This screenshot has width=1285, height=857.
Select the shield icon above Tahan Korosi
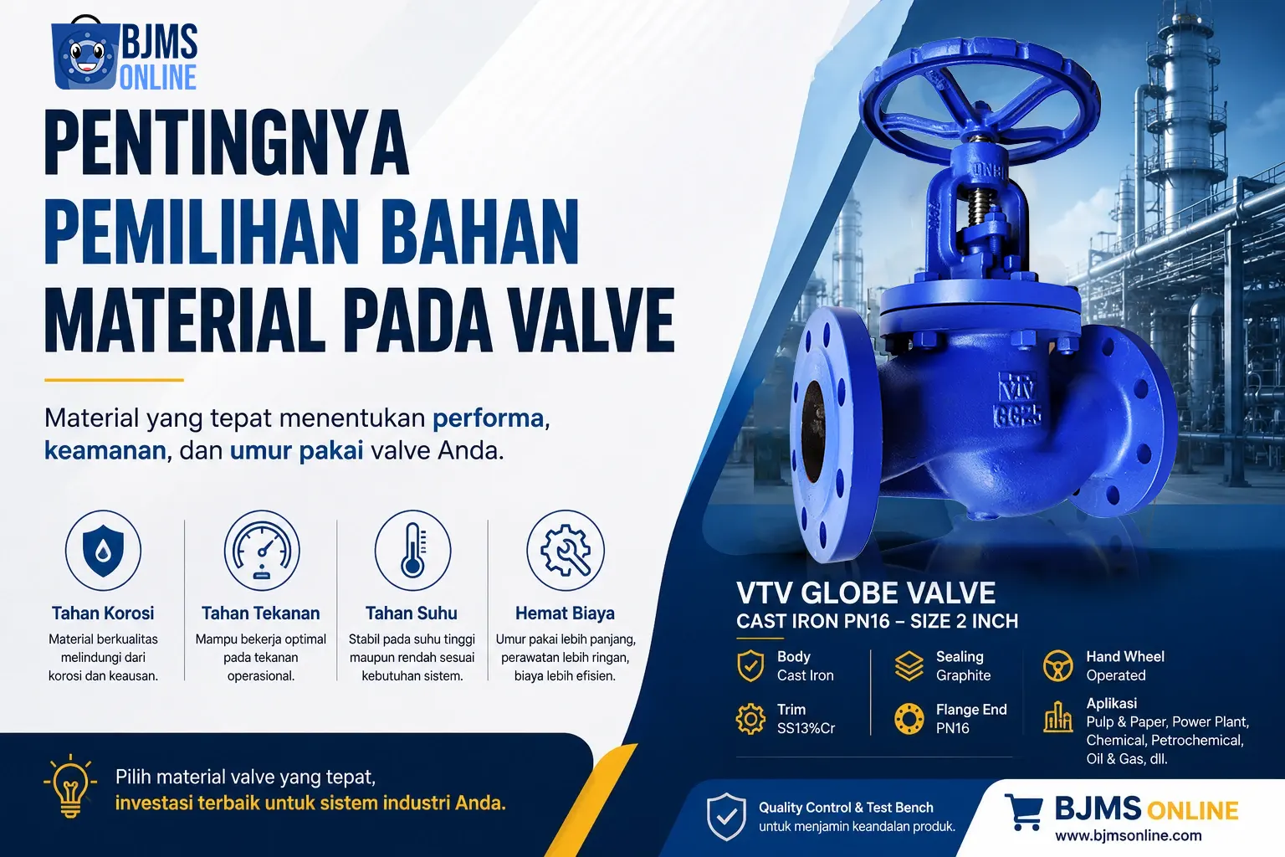tap(103, 551)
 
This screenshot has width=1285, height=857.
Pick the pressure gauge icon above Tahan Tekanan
tap(262, 551)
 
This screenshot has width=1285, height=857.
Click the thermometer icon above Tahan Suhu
tap(412, 551)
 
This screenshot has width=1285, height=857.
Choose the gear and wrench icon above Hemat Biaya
tap(566, 551)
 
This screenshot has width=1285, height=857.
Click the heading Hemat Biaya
tap(565, 613)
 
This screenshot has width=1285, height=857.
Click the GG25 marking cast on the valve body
tap(1018, 416)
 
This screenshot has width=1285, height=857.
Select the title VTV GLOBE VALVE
tap(866, 593)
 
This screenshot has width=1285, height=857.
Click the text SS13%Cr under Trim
tap(806, 728)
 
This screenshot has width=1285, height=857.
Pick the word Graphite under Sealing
tap(963, 675)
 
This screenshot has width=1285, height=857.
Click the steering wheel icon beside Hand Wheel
tap(1057, 666)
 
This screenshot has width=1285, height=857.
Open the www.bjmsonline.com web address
tap(1128, 836)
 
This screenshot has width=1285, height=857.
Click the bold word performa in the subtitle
tap(489, 418)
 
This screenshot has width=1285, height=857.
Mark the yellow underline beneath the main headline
tap(114, 380)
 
